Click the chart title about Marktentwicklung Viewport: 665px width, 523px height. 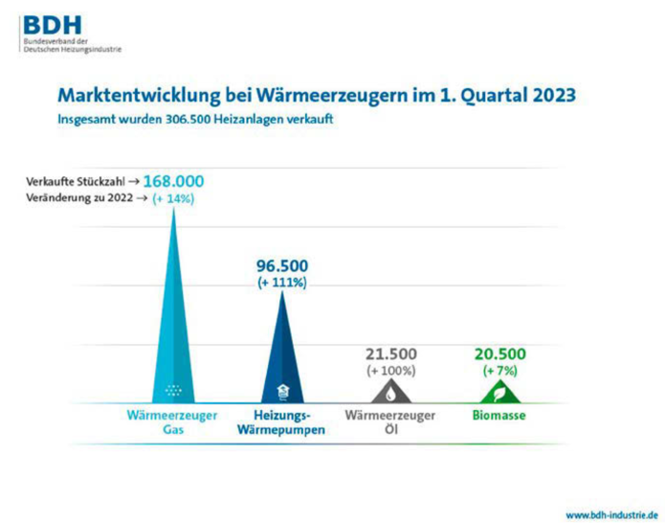[317, 97]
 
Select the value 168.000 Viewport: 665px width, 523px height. [172, 181]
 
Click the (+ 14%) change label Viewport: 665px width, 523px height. [172, 198]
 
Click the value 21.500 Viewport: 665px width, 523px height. [389, 353]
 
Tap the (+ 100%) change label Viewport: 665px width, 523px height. [389, 370]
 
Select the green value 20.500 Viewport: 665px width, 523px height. [500, 353]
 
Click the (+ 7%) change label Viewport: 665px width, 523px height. [500, 370]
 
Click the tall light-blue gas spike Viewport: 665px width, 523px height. [173, 316]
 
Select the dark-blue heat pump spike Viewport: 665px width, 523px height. [282, 354]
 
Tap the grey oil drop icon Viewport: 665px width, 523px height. [389, 392]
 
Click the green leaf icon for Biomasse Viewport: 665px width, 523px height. [500, 392]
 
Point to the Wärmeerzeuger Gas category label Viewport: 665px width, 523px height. [172, 422]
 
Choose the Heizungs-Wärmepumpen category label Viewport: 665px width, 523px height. [281, 422]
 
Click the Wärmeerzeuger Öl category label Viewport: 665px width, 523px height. [389, 422]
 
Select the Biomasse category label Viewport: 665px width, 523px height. [500, 416]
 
